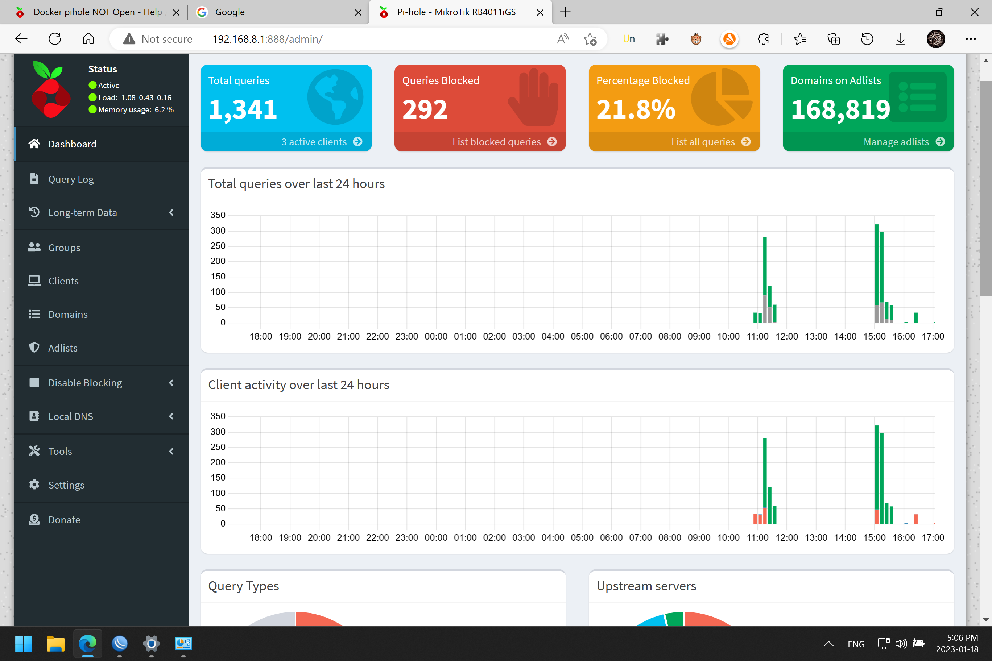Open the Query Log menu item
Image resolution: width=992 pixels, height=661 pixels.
[70, 179]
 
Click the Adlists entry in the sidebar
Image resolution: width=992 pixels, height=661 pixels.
[62, 348]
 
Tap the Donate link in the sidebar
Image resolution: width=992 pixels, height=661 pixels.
[64, 520]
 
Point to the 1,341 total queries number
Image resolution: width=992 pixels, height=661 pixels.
[243, 109]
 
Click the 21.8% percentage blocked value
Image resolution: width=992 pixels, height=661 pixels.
[636, 109]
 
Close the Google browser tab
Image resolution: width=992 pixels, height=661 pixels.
[358, 12]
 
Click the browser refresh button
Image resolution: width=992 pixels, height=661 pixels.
[55, 39]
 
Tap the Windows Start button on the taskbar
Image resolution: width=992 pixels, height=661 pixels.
[24, 644]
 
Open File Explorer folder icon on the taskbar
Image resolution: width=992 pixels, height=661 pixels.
[55, 644]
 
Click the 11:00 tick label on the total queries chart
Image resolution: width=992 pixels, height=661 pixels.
[757, 336]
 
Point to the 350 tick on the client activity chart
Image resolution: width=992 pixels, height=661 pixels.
[218, 416]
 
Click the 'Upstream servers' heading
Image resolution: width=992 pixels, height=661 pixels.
[646, 586]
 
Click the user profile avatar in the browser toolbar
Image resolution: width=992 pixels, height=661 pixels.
[935, 39]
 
